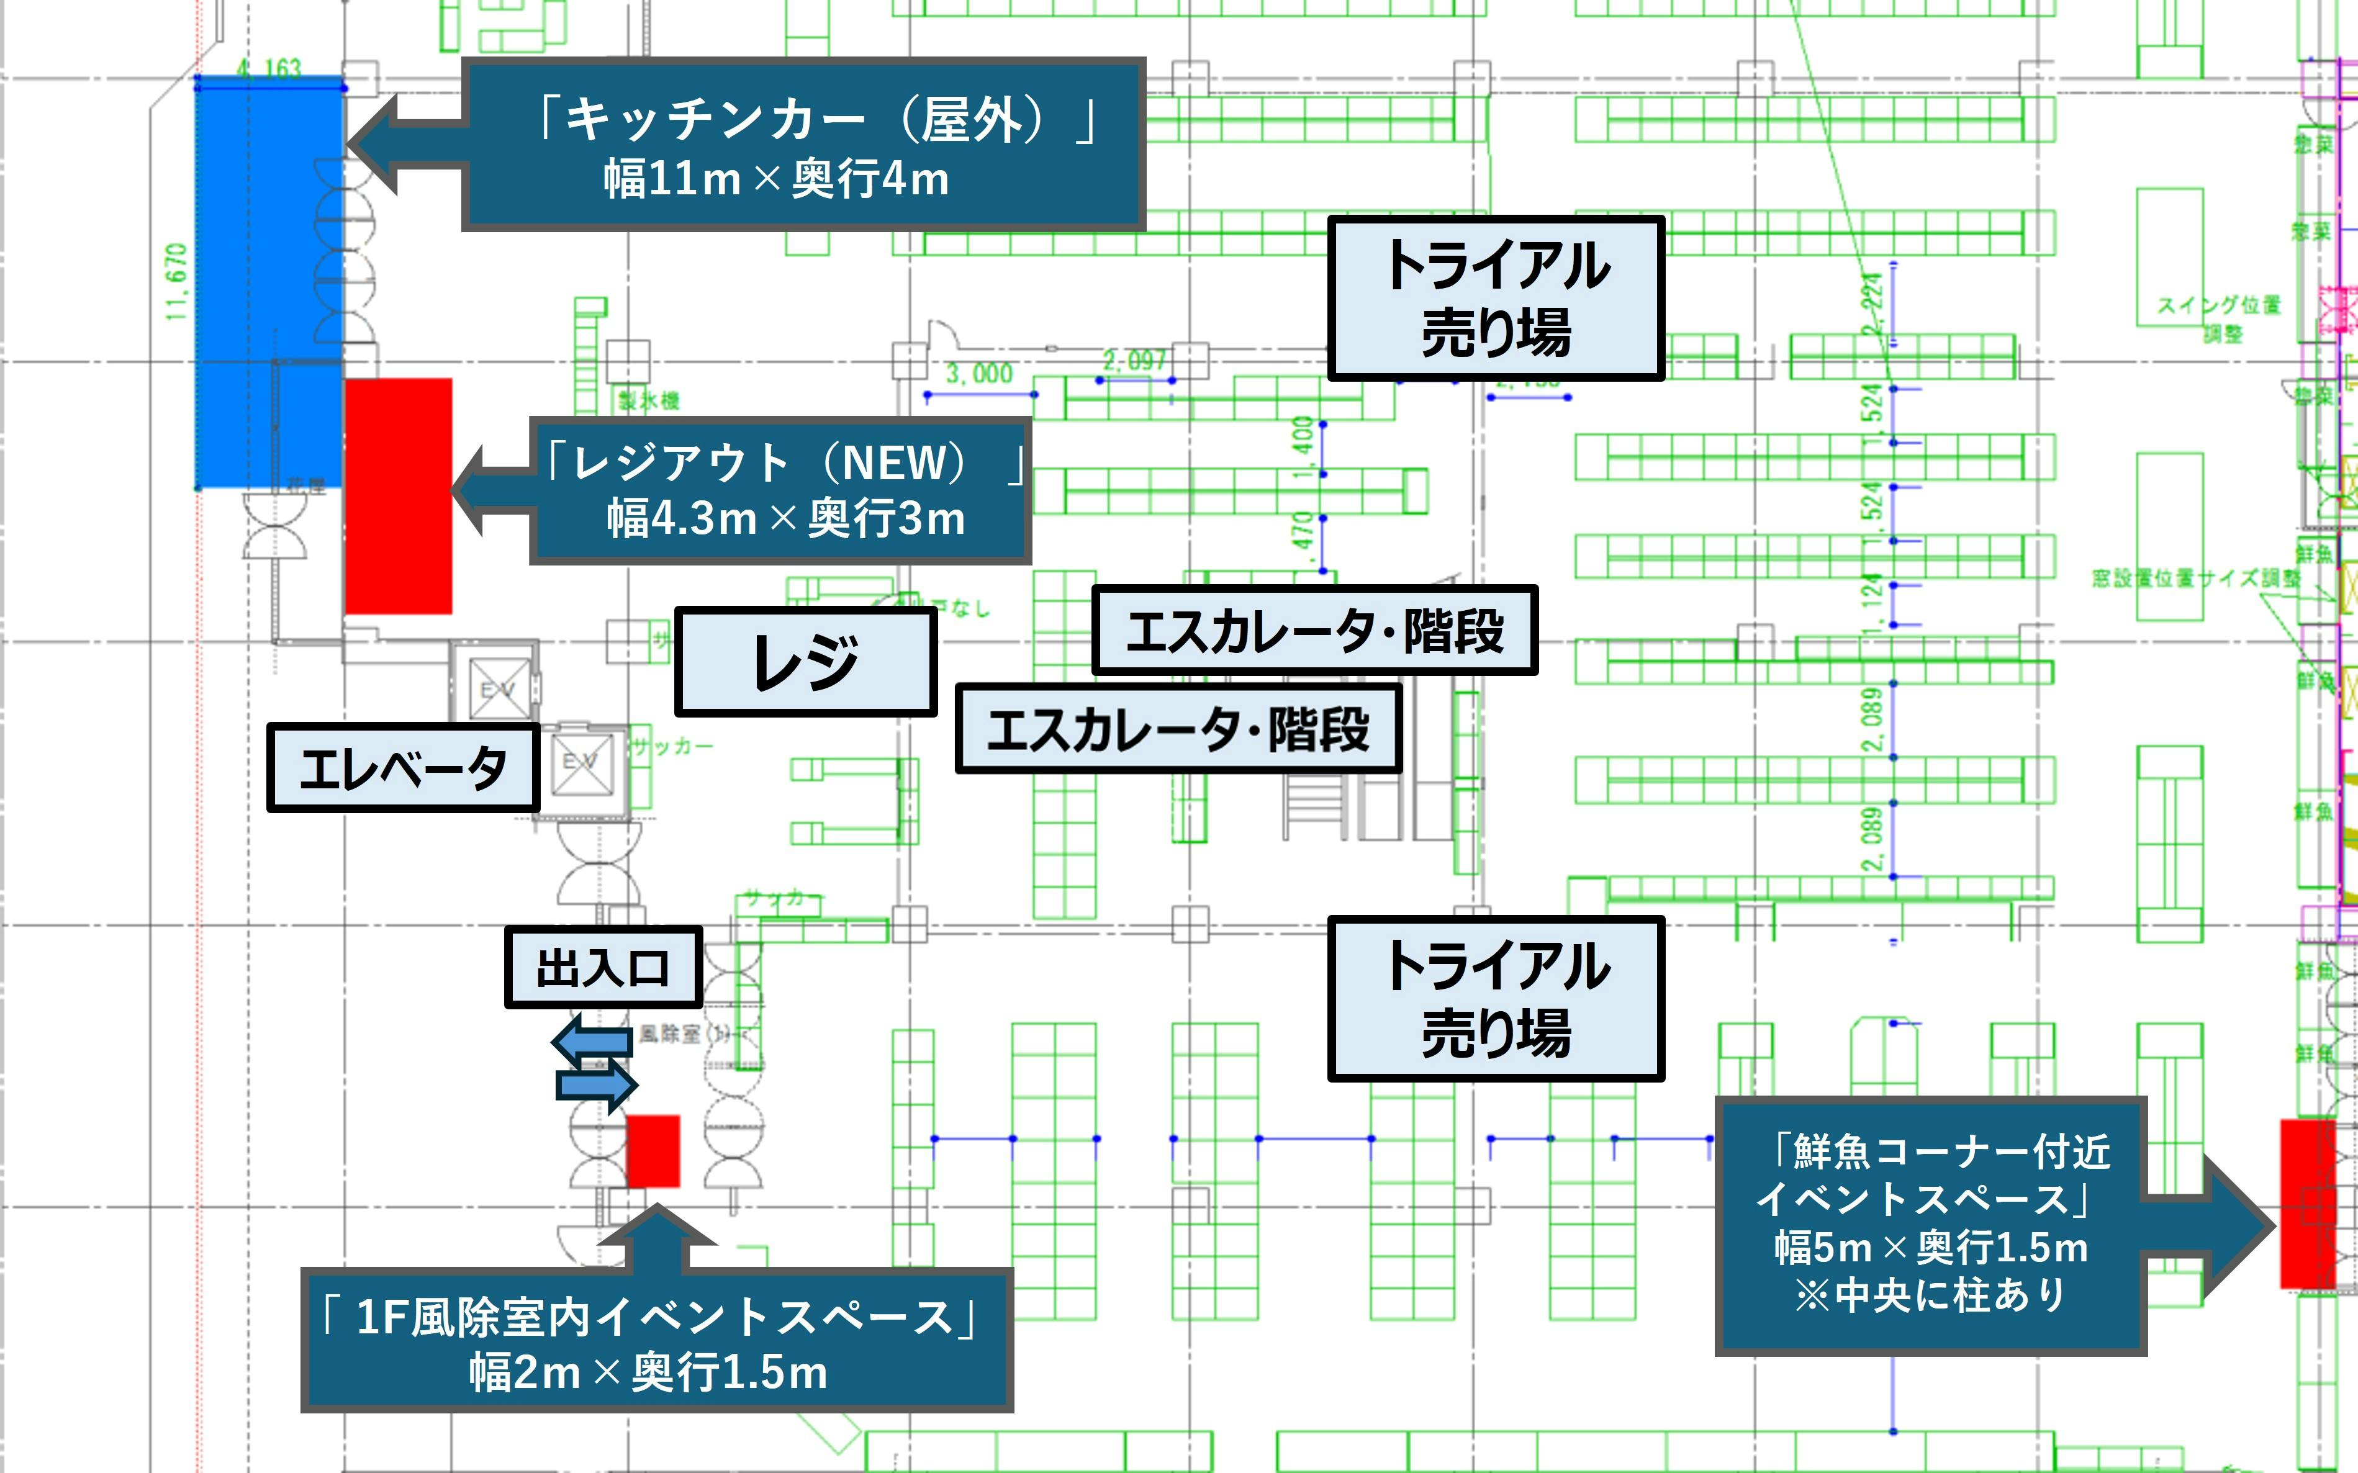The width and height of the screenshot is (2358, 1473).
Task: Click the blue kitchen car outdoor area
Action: pyautogui.click(x=268, y=282)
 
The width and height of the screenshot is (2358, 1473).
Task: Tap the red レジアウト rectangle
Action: pyautogui.click(x=397, y=496)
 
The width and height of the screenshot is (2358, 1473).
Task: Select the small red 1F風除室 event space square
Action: pyautogui.click(x=652, y=1151)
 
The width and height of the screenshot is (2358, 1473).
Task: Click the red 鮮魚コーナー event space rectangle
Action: pyautogui.click(x=2306, y=1203)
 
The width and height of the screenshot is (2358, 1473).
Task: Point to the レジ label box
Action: pyautogui.click(x=805, y=662)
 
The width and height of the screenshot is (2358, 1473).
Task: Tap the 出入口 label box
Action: pyautogui.click(x=603, y=967)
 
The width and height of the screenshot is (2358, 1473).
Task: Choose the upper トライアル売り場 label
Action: pyautogui.click(x=1496, y=298)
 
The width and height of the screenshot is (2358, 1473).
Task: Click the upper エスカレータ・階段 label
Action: pyautogui.click(x=1314, y=630)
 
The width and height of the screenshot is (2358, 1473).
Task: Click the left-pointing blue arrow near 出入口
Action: pyautogui.click(x=592, y=1040)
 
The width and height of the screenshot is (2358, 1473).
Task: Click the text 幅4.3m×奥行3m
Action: pyautogui.click(x=785, y=517)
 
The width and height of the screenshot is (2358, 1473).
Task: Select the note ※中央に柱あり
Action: pyautogui.click(x=1930, y=1295)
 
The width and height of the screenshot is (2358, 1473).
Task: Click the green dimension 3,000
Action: pyautogui.click(x=979, y=373)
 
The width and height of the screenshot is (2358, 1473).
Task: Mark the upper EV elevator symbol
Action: pyautogui.click(x=499, y=689)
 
